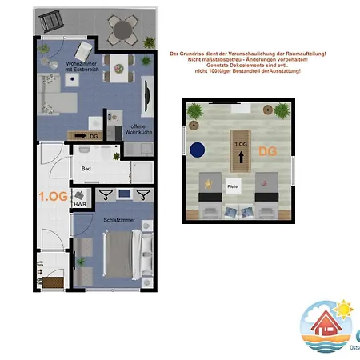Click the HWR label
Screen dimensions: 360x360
click(x=80, y=206)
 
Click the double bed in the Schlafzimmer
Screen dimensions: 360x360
click(x=122, y=253)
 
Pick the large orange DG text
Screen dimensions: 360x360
click(x=267, y=150)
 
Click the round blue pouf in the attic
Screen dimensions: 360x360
click(x=198, y=150)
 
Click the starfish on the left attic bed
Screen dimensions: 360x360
click(x=209, y=184)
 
